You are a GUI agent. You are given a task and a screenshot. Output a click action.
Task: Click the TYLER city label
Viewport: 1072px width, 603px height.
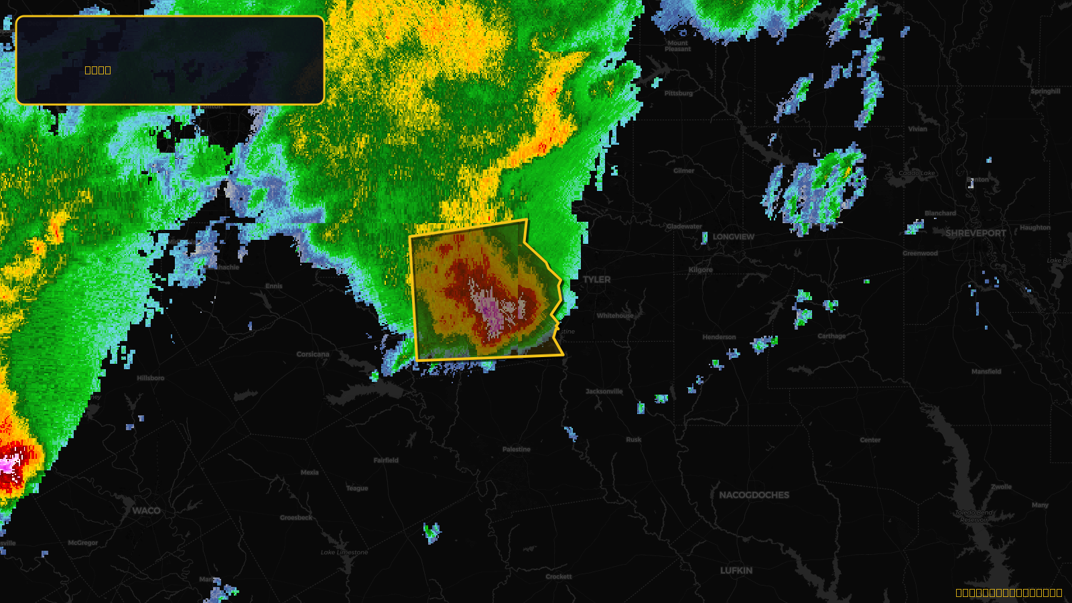click(x=596, y=279)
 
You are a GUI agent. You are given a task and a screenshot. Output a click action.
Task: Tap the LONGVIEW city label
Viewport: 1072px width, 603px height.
click(x=733, y=237)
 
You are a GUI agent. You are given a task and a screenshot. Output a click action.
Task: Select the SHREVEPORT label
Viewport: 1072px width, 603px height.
click(x=976, y=233)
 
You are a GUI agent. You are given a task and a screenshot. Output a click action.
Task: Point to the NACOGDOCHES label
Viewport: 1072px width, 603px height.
click(x=754, y=495)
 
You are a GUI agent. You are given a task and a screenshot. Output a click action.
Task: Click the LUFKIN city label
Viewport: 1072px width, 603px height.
click(x=736, y=570)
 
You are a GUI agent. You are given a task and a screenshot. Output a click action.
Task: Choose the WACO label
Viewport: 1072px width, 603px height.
click(x=146, y=511)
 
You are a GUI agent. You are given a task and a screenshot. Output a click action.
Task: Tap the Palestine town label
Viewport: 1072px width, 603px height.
click(x=516, y=450)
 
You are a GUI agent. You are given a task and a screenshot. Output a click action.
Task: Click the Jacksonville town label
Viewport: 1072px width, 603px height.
click(x=604, y=391)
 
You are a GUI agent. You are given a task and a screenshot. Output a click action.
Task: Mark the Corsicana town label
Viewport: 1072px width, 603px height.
click(x=313, y=354)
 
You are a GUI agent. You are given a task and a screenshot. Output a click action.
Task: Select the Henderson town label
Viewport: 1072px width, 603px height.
click(x=719, y=337)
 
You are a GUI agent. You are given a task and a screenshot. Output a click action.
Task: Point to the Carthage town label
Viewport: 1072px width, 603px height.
click(x=831, y=336)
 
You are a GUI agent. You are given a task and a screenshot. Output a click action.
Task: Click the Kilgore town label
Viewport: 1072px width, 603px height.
click(x=701, y=270)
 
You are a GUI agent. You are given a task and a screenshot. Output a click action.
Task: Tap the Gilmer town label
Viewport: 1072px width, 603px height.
click(x=684, y=171)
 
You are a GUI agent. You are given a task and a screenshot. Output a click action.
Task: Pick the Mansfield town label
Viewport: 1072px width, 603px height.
click(x=986, y=371)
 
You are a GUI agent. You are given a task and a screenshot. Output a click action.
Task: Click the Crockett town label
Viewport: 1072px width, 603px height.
click(x=559, y=577)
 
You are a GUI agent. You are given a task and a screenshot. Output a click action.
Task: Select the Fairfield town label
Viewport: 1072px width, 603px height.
click(x=386, y=460)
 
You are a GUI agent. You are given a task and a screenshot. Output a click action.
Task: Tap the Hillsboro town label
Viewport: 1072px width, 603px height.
click(x=150, y=378)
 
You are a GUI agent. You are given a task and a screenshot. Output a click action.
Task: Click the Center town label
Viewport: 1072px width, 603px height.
click(x=870, y=440)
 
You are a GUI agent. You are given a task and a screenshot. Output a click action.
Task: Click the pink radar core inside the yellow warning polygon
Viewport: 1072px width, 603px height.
click(x=490, y=308)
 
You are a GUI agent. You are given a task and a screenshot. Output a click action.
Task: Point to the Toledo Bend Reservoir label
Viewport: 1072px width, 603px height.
click(x=974, y=516)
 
